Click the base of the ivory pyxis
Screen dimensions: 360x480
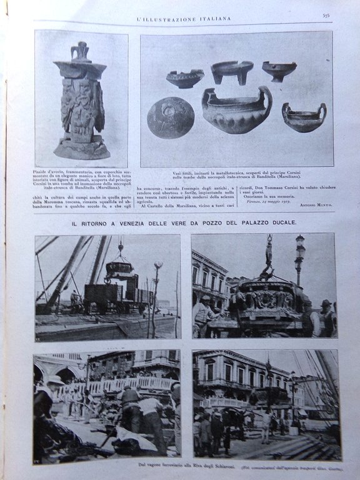tap(81, 150)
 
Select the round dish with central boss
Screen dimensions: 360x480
tap(170, 117)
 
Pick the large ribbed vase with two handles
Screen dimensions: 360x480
tap(236, 111)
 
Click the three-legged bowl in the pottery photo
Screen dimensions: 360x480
tap(231, 70)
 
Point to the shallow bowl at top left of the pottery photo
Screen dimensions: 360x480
tap(184, 78)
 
